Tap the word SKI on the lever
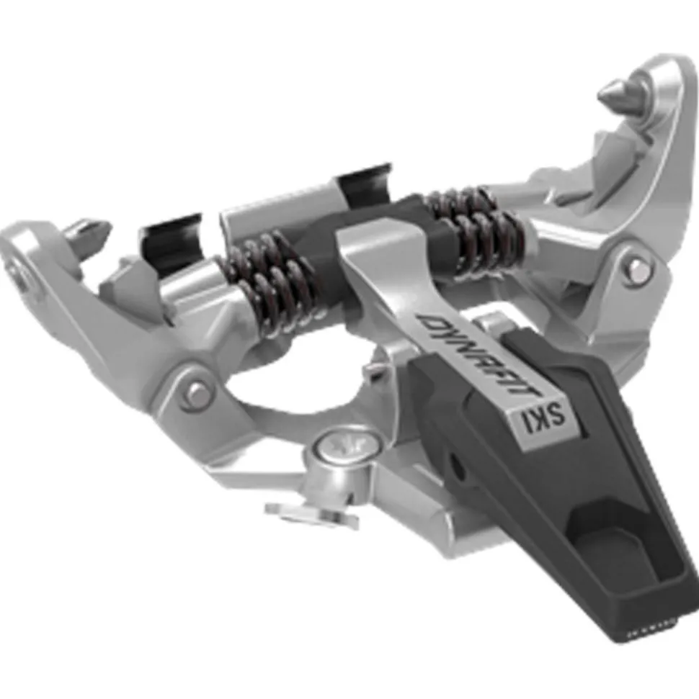pos(544,418)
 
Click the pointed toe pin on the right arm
pos(619,93)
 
